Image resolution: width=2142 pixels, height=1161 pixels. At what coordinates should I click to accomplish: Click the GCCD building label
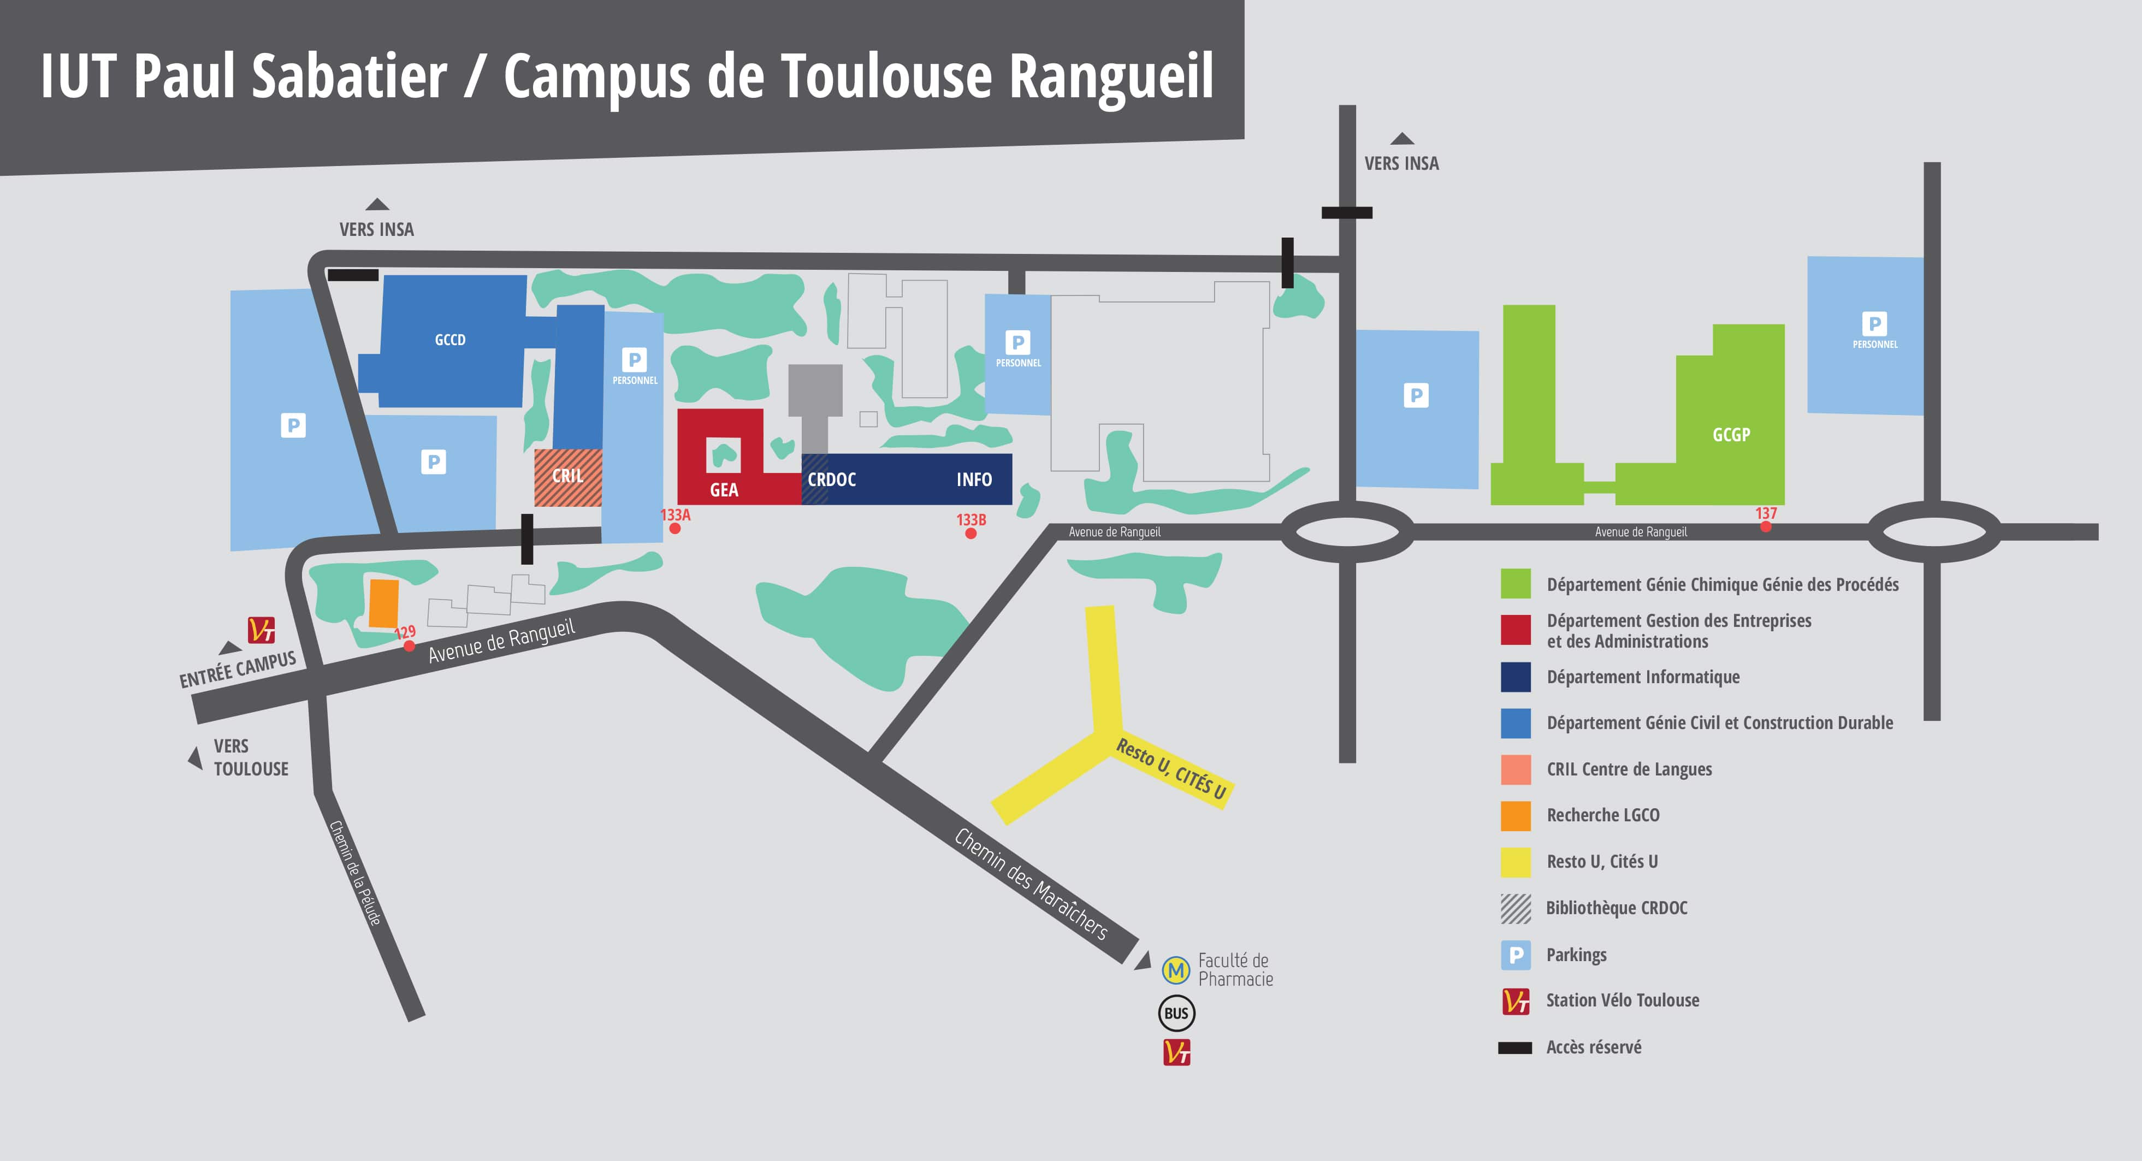click(x=450, y=339)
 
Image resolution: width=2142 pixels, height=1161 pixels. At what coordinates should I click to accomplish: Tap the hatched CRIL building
click(x=568, y=477)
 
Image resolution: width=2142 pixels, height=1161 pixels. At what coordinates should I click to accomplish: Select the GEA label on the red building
click(x=724, y=490)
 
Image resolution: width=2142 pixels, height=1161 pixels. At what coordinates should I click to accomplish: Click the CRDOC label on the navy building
click(x=832, y=480)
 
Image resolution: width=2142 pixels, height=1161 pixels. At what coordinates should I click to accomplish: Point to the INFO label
click(x=974, y=480)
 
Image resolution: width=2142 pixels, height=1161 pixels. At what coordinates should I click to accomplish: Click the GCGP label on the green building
click(x=1731, y=435)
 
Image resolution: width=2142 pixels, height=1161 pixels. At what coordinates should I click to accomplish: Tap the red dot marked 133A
click(x=675, y=528)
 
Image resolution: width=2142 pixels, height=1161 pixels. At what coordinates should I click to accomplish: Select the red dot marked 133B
click(x=971, y=533)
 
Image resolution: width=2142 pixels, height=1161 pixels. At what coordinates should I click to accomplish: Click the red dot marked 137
click(x=1765, y=525)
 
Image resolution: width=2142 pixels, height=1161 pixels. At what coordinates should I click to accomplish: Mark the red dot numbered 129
click(x=409, y=646)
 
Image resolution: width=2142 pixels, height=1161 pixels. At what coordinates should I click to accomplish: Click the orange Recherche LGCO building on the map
click(x=383, y=603)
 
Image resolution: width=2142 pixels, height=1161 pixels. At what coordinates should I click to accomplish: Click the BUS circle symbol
click(x=1176, y=1013)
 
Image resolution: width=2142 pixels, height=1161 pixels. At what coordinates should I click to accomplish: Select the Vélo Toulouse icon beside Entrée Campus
click(x=261, y=630)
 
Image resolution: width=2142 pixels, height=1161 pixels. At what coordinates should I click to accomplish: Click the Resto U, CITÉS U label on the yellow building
click(x=1171, y=768)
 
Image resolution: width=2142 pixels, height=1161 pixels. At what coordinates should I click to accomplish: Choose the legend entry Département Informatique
click(x=1642, y=677)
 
